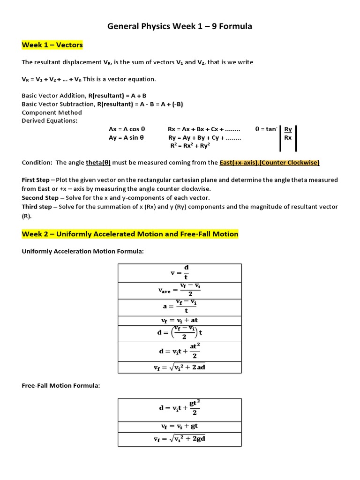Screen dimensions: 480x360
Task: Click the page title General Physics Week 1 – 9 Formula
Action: [180, 27]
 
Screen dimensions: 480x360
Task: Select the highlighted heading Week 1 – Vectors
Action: [52, 45]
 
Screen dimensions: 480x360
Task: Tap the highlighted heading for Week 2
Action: [130, 234]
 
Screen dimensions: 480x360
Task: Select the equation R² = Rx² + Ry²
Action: [190, 146]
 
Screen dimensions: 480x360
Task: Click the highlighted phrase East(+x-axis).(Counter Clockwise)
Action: [270, 163]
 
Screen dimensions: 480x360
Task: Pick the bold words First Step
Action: [36, 180]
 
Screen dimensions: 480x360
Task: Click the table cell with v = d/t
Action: [180, 273]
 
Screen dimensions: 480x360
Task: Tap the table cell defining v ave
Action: [180, 291]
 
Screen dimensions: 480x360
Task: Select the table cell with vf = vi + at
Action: [180, 320]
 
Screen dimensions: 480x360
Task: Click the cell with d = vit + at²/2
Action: [180, 352]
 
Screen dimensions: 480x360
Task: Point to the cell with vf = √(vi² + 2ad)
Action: [180, 367]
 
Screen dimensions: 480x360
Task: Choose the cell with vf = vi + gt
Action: [180, 426]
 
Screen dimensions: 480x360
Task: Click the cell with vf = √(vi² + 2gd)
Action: [180, 439]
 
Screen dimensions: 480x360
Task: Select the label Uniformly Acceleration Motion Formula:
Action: [82, 252]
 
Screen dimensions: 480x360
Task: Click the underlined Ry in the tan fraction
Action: [288, 129]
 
